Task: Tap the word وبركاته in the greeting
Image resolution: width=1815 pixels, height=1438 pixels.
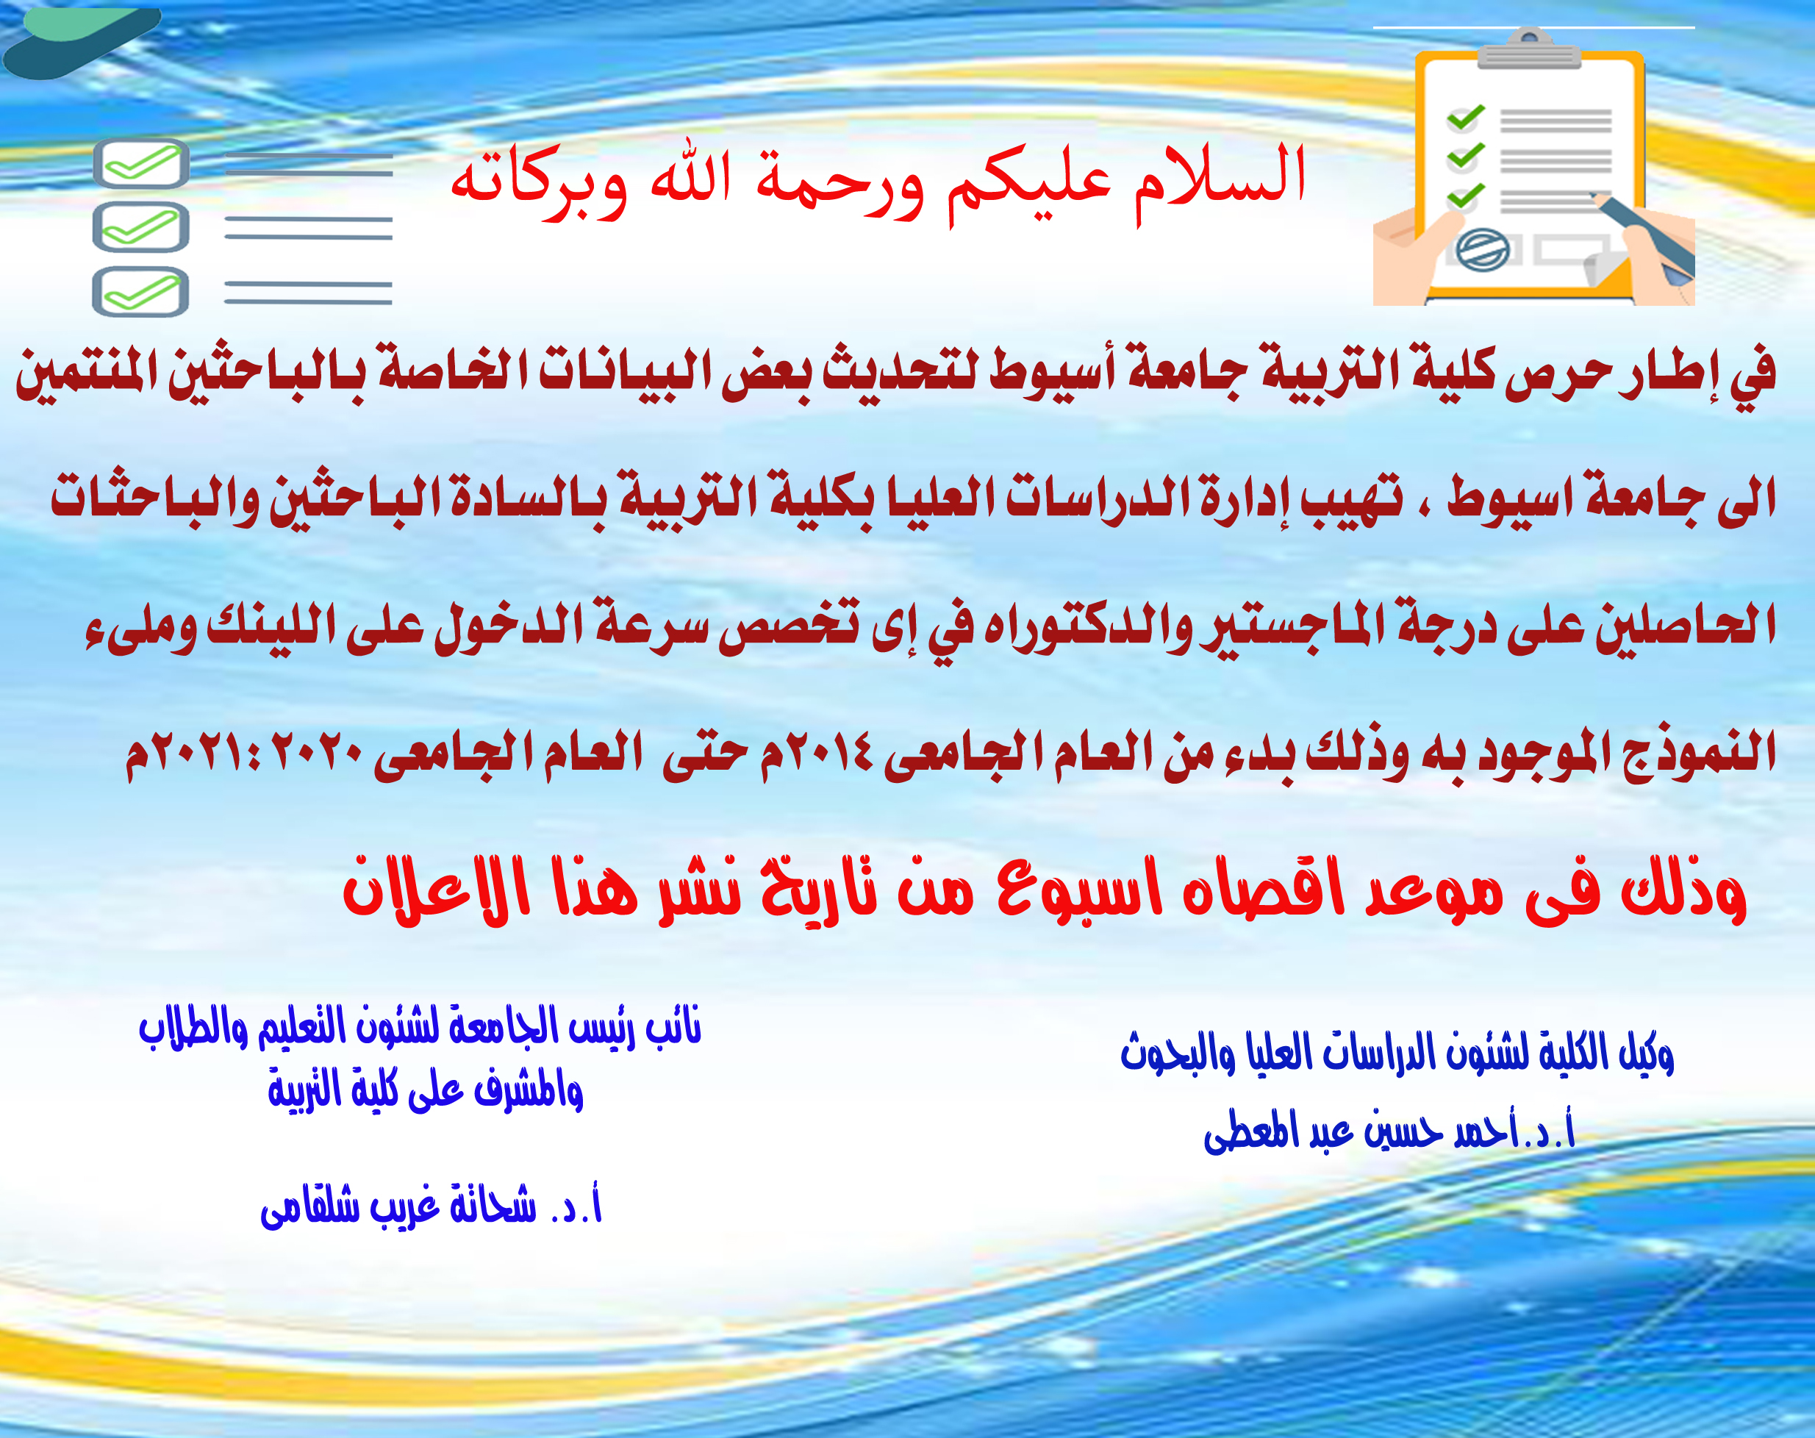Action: [539, 181]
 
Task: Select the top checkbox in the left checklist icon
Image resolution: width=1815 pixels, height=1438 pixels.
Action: [140, 163]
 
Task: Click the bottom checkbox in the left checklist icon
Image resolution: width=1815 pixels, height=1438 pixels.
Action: [140, 292]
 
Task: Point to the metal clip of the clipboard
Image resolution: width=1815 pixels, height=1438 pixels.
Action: [1530, 49]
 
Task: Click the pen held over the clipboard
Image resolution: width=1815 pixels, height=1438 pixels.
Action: [1642, 235]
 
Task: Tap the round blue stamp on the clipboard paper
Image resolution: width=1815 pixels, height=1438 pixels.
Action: [1483, 250]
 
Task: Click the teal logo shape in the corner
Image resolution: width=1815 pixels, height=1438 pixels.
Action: [80, 42]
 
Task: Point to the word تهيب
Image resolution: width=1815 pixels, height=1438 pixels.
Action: [1351, 498]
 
